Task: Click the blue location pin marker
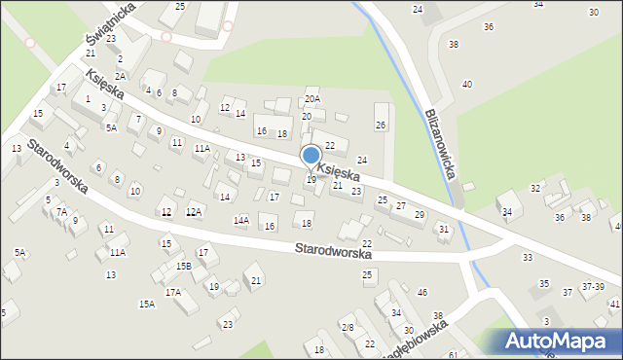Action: [311, 157]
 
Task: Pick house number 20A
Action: [311, 98]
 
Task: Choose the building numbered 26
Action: [381, 125]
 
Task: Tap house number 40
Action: [467, 85]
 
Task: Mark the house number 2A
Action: [120, 76]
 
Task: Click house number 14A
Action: [240, 221]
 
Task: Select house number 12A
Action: [194, 211]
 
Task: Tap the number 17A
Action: [172, 292]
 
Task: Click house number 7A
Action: [61, 211]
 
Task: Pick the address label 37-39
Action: [593, 287]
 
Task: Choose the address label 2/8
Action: [348, 327]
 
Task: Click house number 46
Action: [422, 293]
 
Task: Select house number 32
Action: [534, 188]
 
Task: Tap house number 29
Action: [420, 214]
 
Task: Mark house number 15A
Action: [146, 304]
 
